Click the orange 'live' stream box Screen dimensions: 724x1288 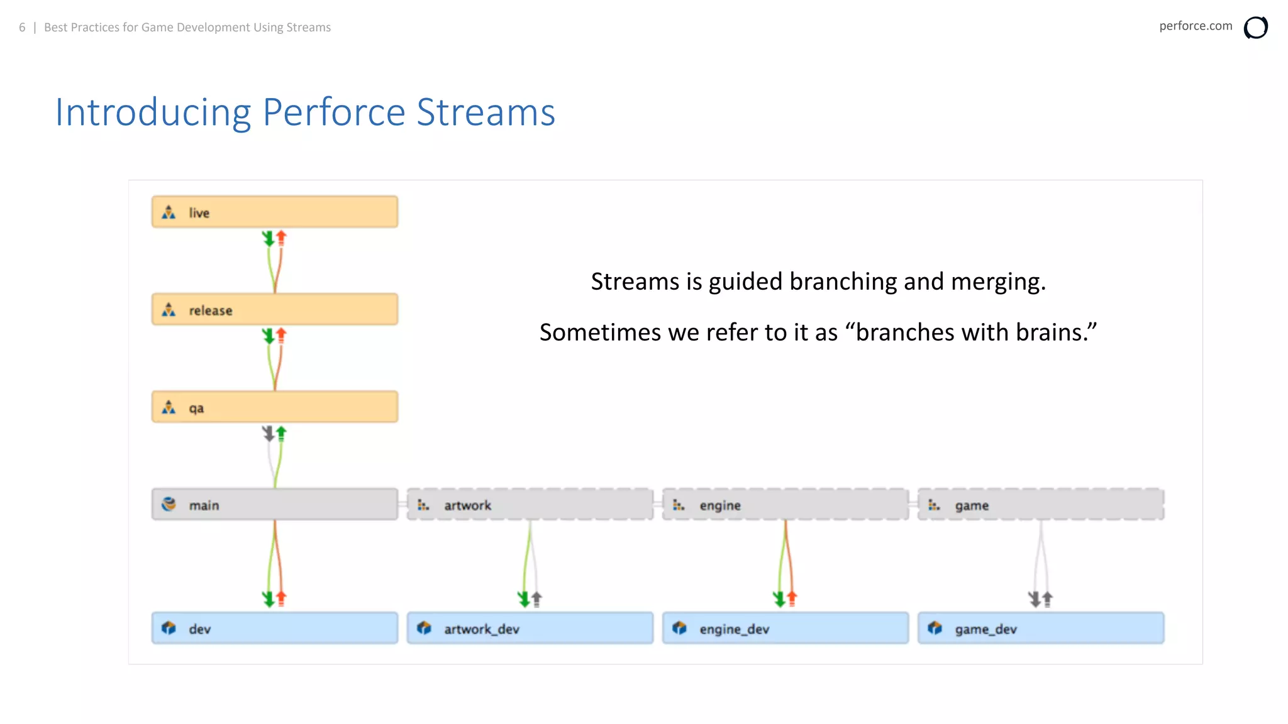pos(274,212)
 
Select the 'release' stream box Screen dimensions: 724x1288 pos(274,309)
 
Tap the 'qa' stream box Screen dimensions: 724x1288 pos(274,407)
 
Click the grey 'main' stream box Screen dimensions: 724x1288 pos(274,504)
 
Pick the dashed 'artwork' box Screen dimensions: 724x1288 pos(530,504)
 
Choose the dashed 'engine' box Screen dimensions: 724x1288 pos(785,504)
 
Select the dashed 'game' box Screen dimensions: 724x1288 pos(1040,504)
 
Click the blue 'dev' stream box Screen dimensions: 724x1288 pos(274,628)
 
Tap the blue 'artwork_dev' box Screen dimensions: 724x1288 pos(530,628)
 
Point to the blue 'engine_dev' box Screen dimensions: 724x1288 pos(785,628)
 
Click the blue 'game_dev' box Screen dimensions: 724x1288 pos(1040,628)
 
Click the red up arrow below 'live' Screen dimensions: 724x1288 pos(281,238)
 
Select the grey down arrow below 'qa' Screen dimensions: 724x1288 pos(269,433)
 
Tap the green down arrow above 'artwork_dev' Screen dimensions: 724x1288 pos(524,598)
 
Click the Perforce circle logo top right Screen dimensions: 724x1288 pos(1255,28)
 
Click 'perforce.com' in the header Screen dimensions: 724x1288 pos(1195,26)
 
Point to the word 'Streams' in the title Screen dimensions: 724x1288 pos(486,112)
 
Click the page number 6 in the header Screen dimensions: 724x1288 pos(22,27)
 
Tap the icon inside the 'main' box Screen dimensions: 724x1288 pos(169,504)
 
